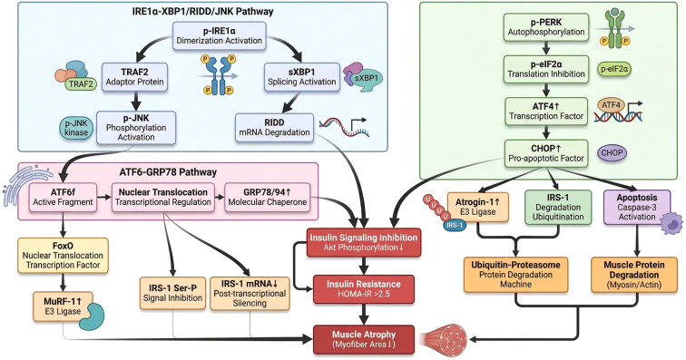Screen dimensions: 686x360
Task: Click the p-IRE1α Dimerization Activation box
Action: click(220, 36)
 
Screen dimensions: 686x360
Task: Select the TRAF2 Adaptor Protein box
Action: click(134, 77)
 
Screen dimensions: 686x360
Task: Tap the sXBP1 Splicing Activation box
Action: click(302, 77)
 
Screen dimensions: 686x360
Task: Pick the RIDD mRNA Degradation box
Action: click(274, 127)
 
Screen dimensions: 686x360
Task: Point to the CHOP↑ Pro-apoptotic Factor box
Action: click(546, 153)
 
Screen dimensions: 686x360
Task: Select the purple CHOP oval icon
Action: click(612, 153)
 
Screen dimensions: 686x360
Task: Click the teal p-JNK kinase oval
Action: click(76, 128)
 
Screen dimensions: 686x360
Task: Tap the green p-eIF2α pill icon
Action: click(614, 69)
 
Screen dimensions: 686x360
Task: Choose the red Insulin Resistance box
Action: click(364, 289)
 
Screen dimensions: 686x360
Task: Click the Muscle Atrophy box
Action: click(364, 339)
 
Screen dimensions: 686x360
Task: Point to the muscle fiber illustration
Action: click(443, 338)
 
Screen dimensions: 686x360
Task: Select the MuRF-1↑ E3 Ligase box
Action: click(63, 306)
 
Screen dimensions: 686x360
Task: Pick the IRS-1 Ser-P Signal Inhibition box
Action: click(172, 293)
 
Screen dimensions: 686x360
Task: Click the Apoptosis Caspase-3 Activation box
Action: click(637, 208)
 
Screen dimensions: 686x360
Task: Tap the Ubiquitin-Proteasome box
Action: click(515, 275)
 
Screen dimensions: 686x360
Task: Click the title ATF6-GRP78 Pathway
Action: click(168, 172)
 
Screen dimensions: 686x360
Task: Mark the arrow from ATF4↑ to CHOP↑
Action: click(546, 132)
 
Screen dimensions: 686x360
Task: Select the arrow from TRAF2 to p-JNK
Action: click(135, 101)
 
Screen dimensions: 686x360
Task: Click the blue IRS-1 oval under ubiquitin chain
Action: click(454, 225)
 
